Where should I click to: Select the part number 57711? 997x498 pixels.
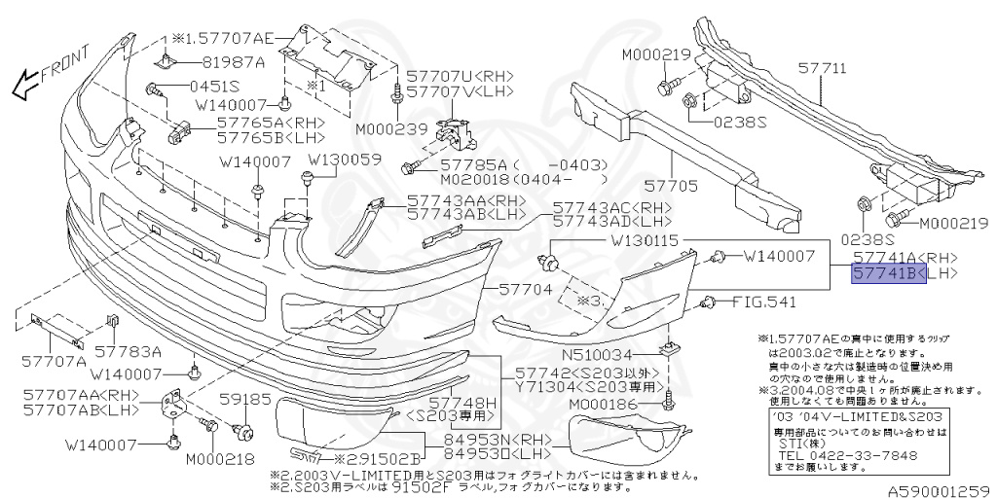(823, 70)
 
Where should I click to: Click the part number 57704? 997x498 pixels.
(526, 289)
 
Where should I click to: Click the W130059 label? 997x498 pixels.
(345, 159)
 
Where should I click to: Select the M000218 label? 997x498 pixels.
(218, 458)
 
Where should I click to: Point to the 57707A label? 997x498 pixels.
(55, 361)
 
